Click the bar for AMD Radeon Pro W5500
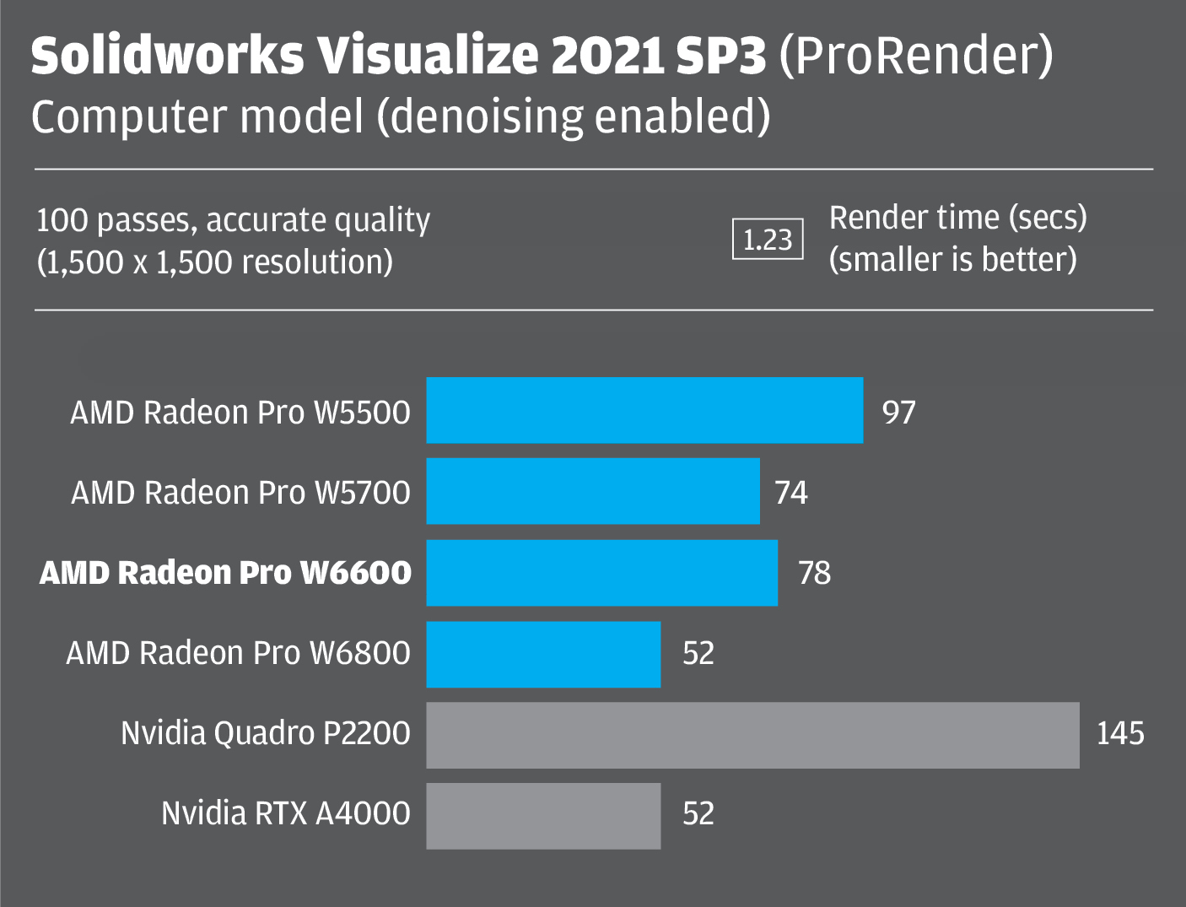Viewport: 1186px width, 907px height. click(x=644, y=410)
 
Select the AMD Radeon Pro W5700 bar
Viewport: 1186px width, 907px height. click(x=593, y=491)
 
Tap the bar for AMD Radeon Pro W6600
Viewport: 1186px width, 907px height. click(x=601, y=572)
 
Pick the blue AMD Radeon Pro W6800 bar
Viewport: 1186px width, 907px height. click(x=543, y=654)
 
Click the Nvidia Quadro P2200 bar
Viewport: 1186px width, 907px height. click(x=752, y=735)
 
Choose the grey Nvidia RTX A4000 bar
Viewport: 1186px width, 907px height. click(x=543, y=816)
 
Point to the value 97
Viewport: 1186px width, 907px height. click(x=898, y=413)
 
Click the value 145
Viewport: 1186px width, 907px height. click(x=1119, y=733)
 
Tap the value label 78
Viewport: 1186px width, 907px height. click(x=814, y=574)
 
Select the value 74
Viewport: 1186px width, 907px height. click(x=791, y=493)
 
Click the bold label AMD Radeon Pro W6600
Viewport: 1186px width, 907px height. click(x=226, y=573)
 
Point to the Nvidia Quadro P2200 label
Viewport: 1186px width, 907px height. click(x=266, y=733)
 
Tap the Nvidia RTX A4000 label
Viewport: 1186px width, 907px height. click(x=286, y=813)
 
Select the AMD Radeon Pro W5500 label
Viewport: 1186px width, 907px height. click(x=240, y=413)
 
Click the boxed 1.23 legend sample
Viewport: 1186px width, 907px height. click(x=768, y=240)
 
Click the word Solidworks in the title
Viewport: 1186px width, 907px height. click(x=167, y=57)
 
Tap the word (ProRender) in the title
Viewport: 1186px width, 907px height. click(x=916, y=57)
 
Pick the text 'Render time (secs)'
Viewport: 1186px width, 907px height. click(x=957, y=218)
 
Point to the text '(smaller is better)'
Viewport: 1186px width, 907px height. click(x=952, y=260)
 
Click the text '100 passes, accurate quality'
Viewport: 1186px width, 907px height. click(x=233, y=220)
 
